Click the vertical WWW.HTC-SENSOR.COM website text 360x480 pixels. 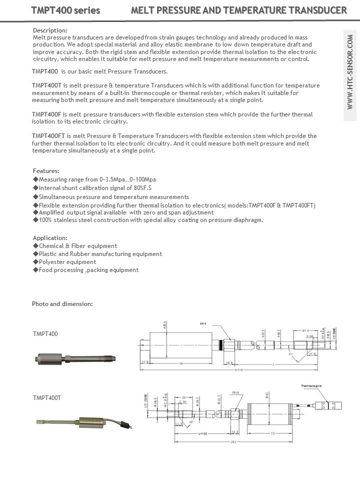pos(350,75)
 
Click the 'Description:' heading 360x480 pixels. pos(50,30)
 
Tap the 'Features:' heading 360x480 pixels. pos(46,171)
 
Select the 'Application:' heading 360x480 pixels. pos(50,237)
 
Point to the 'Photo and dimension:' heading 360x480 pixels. pos(62,304)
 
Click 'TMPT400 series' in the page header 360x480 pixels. pos(65,10)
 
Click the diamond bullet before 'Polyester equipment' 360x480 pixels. pos(35,261)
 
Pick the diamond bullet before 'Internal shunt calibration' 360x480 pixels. pos(35,187)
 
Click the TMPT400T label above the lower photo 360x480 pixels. pos(47,398)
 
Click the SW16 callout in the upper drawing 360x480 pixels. pos(203,323)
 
